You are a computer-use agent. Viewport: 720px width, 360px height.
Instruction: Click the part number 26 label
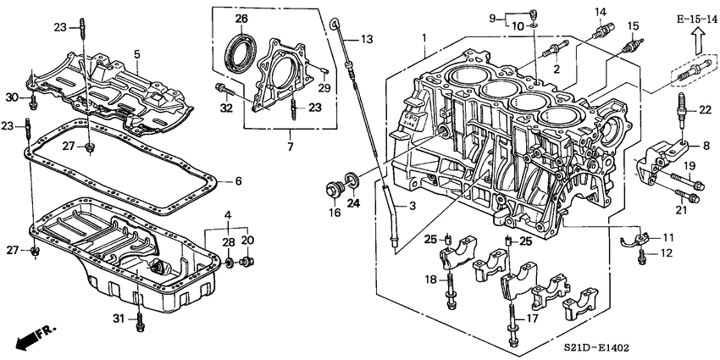241,19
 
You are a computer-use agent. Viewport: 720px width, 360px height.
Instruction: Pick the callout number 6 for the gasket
238,180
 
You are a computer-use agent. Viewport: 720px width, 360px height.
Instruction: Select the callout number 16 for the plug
335,212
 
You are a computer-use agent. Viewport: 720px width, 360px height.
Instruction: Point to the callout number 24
354,202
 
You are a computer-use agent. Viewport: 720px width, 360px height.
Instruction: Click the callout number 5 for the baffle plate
136,53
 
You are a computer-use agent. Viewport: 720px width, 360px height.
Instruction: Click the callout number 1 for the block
427,37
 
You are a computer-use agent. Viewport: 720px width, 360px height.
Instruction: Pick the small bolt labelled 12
643,252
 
